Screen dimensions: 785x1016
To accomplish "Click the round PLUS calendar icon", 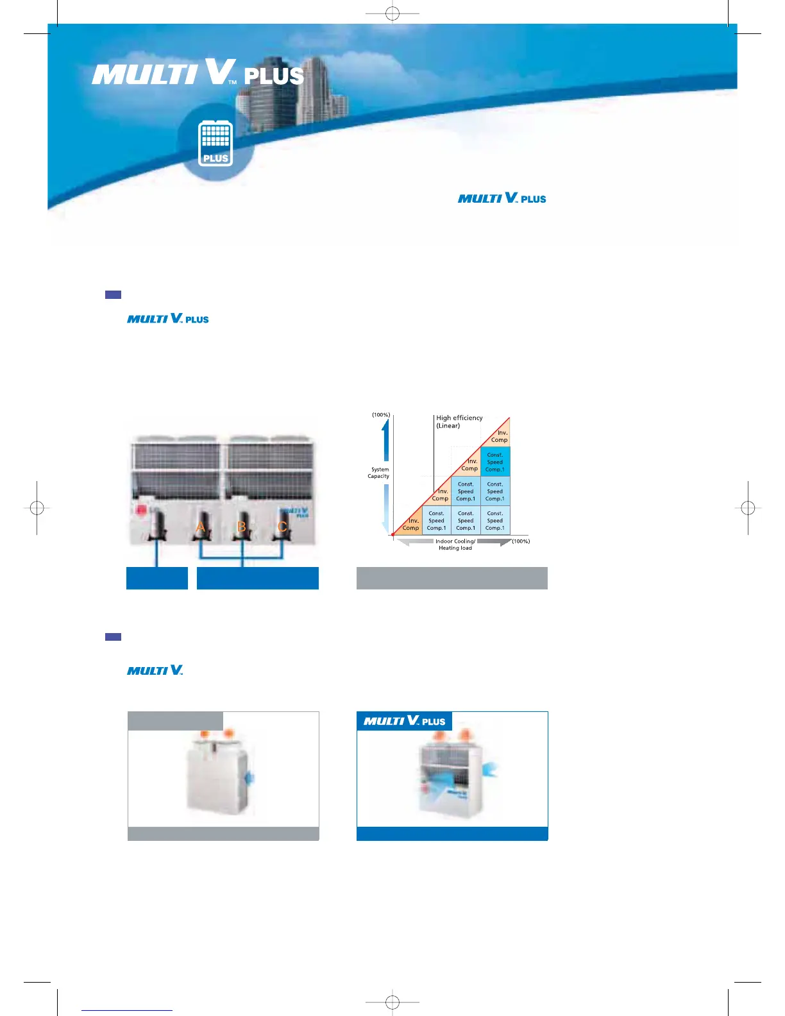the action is (x=215, y=142).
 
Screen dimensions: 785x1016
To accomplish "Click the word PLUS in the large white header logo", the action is (x=274, y=76).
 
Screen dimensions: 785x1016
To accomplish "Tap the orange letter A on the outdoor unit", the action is (x=201, y=527).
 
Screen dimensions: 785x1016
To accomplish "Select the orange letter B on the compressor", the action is (x=242, y=527).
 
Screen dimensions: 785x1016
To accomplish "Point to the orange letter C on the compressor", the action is (x=282, y=527).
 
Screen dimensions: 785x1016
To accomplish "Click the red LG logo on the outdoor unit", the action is (x=140, y=511).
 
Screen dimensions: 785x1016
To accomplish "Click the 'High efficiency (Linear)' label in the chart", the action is (x=459, y=421).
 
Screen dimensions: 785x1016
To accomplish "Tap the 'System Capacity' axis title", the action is (x=379, y=473).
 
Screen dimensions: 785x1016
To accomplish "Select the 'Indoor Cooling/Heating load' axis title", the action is (x=455, y=545).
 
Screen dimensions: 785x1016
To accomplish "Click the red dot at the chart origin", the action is (x=393, y=534).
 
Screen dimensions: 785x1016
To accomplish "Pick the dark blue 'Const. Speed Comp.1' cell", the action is (x=495, y=462).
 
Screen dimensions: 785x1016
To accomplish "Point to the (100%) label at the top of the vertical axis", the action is (x=381, y=415).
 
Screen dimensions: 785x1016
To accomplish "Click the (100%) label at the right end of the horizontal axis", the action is (x=521, y=541).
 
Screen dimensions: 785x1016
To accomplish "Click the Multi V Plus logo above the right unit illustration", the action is (x=405, y=721).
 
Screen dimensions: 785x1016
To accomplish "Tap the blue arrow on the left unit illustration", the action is (x=251, y=778).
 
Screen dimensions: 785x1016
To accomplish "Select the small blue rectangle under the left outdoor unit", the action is (x=157, y=578).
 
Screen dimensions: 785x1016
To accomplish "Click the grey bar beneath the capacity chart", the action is (x=452, y=578).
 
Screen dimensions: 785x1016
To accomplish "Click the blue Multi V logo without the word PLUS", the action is (x=155, y=670).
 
